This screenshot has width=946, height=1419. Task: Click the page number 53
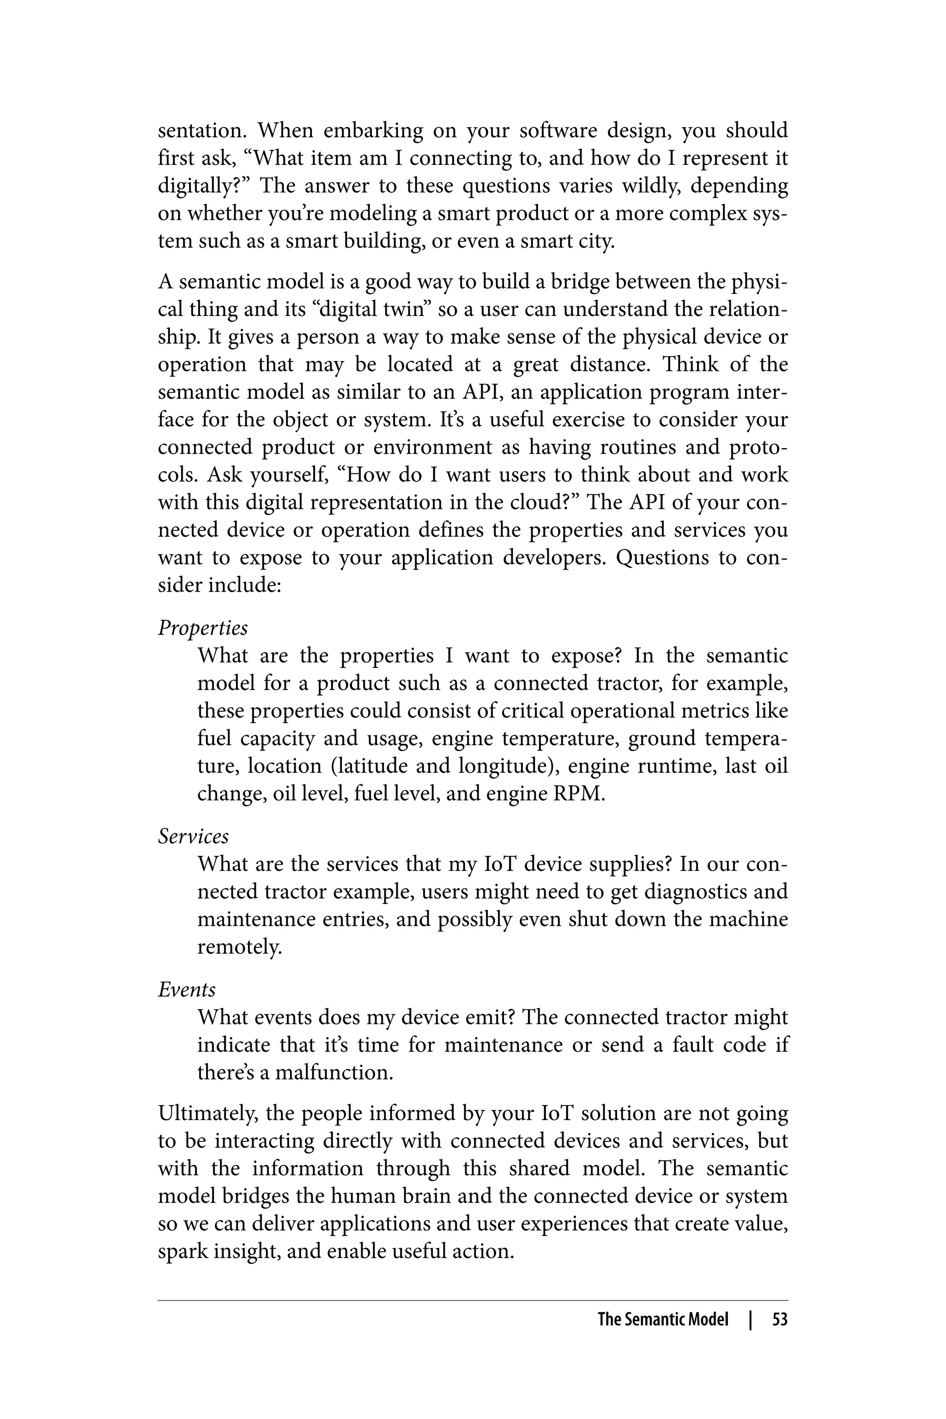(x=780, y=1319)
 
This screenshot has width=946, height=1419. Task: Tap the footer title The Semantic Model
(x=663, y=1319)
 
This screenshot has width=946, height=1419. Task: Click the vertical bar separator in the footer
(x=751, y=1319)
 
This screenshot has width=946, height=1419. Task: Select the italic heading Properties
(x=203, y=628)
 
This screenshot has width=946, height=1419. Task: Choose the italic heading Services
(x=193, y=836)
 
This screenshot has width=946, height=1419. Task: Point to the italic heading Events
(x=187, y=989)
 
